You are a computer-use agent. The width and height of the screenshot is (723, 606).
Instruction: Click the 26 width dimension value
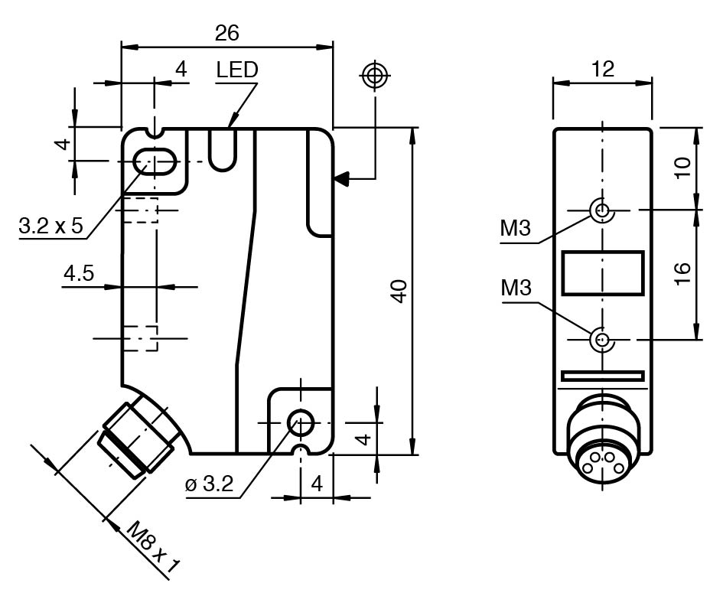click(227, 33)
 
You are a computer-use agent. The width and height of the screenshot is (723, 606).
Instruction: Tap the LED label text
click(236, 70)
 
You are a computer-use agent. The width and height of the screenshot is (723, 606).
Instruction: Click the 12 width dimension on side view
click(603, 69)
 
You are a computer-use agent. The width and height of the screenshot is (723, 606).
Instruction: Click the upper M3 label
click(516, 229)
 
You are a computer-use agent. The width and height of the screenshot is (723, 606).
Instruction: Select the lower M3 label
click(516, 288)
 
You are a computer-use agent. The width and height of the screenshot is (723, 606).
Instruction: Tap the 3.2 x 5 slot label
click(51, 226)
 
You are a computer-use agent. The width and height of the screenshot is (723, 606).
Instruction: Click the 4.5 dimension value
click(79, 274)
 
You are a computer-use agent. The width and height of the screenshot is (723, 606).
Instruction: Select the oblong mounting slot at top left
click(155, 161)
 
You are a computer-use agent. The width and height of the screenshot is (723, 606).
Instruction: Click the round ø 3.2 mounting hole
click(300, 422)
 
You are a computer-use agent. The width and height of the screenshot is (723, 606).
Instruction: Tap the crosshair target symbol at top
click(375, 75)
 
